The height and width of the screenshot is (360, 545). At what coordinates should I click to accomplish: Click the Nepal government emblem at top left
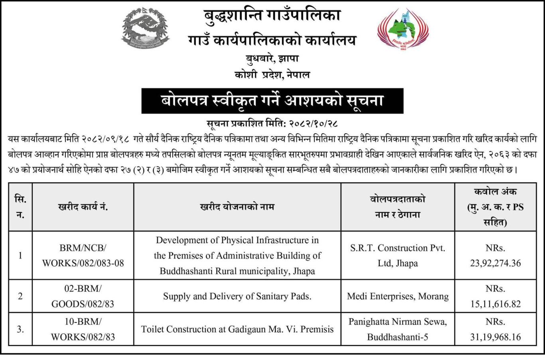click(x=145, y=29)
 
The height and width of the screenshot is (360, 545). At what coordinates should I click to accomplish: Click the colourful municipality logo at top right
click(x=403, y=30)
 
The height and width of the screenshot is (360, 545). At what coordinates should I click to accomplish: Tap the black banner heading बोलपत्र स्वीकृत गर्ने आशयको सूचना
click(x=272, y=101)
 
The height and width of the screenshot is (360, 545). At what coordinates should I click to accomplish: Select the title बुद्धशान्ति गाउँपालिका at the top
click(x=272, y=16)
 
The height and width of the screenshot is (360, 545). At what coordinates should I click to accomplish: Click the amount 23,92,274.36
click(x=495, y=263)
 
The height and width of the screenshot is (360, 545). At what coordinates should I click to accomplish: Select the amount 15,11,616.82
click(x=495, y=304)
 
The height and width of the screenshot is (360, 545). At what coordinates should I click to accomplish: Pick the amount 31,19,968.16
click(x=495, y=337)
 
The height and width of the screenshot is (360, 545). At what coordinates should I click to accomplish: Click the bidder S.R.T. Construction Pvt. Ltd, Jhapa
click(x=397, y=255)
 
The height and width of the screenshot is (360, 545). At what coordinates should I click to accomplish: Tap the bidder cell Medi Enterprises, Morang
click(x=397, y=296)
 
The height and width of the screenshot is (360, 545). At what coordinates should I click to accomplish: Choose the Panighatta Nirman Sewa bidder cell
click(x=397, y=329)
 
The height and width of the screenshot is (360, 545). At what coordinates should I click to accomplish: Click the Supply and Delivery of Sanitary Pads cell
click(x=237, y=296)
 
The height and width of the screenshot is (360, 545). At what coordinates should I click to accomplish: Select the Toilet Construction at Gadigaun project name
click(x=237, y=329)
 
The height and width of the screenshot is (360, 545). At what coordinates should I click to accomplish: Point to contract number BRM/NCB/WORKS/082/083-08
click(x=83, y=255)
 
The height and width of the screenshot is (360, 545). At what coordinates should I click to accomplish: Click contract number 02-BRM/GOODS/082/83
click(x=83, y=296)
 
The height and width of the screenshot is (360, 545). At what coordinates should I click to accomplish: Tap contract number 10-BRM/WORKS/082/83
click(x=83, y=329)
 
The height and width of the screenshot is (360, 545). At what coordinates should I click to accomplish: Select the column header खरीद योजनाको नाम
click(x=237, y=207)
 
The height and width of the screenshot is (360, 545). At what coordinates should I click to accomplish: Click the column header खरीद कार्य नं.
click(x=83, y=207)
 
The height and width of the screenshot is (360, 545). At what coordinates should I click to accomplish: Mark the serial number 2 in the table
click(x=20, y=296)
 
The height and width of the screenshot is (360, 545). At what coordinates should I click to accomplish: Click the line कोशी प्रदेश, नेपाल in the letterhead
click(x=272, y=75)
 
